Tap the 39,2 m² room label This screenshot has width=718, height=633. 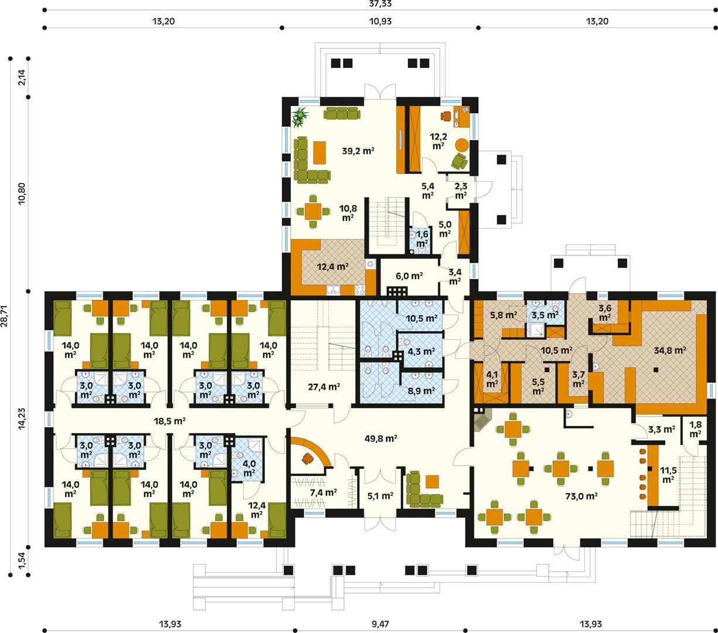(358, 151)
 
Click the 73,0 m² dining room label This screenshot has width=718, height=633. (581, 496)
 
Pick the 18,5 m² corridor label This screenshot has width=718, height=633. (169, 421)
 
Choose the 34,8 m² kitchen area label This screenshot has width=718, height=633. (670, 351)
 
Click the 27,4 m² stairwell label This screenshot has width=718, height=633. (324, 386)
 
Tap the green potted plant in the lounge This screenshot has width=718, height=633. (301, 115)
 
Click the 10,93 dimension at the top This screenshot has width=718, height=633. (380, 21)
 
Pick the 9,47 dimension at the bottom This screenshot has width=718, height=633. (380, 624)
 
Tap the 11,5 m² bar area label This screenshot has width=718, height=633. (667, 475)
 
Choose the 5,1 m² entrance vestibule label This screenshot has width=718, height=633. (379, 496)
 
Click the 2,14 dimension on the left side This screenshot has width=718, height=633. (22, 78)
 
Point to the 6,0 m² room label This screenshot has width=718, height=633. (409, 275)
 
